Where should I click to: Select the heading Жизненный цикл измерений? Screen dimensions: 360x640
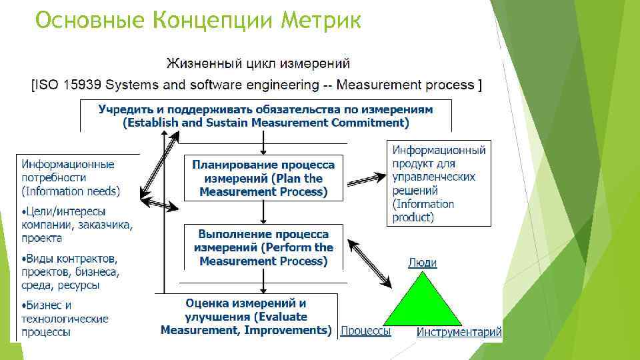(258, 64)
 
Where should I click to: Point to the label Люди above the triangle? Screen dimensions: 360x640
(422, 263)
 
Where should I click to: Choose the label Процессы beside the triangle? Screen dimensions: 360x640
(365, 331)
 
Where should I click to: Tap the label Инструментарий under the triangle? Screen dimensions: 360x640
(459, 331)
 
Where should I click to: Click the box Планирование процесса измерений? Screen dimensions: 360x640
(263, 178)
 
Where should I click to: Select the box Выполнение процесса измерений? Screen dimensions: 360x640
(263, 247)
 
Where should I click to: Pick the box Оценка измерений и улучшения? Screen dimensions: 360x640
(246, 316)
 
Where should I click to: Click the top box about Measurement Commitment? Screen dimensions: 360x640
(265, 116)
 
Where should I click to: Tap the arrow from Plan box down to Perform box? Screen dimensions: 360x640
(264, 212)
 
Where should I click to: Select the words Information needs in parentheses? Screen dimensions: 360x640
(71, 191)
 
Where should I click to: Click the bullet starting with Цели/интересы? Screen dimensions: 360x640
(76, 225)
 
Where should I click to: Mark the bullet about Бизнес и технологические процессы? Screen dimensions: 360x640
(64, 318)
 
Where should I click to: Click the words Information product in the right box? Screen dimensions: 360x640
(423, 211)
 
